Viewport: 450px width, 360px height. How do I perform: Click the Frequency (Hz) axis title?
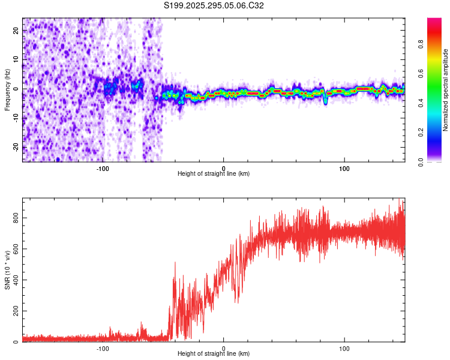[8, 90]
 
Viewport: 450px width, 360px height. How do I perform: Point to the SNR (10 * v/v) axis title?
[8, 269]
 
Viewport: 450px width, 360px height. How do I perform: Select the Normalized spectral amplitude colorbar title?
[446, 90]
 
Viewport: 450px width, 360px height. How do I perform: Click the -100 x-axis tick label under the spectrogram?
[103, 167]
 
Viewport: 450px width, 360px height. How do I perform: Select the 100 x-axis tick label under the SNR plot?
[344, 348]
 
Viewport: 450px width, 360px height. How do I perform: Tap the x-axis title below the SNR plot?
[214, 354]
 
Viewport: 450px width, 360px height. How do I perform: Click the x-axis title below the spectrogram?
[214, 173]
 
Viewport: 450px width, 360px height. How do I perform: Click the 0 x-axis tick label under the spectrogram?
[223, 167]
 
